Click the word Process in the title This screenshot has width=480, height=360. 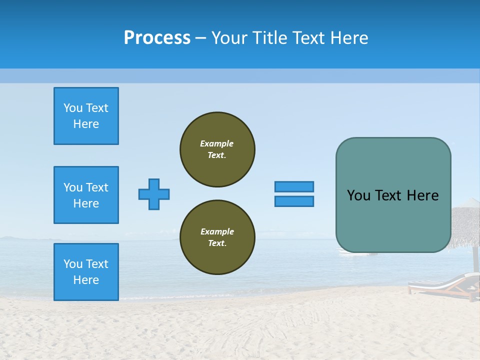click(x=157, y=38)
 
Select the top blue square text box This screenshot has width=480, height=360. click(x=86, y=116)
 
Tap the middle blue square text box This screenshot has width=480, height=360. click(x=86, y=195)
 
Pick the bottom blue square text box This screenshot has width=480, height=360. click(x=86, y=272)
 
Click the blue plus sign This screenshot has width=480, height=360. click(x=154, y=194)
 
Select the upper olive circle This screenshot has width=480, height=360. click(x=217, y=149)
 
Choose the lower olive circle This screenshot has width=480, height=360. click(x=217, y=237)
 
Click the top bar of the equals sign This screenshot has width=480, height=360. click(x=294, y=186)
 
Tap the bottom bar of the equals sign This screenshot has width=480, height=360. click(x=294, y=201)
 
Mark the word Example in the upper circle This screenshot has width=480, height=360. click(x=216, y=143)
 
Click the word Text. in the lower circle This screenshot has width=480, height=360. click(x=217, y=243)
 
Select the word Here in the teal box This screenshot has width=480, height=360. click(x=422, y=195)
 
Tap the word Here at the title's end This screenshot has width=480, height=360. click(x=348, y=38)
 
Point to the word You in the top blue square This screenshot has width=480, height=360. click(x=73, y=108)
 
